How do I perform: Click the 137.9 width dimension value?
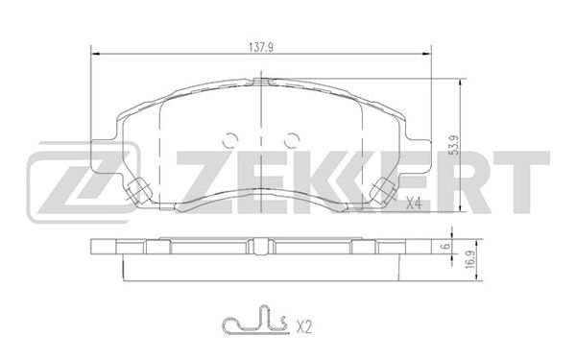[261, 47]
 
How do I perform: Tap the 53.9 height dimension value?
[455, 145]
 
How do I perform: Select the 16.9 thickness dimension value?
[469, 260]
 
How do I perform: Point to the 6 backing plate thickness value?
[446, 247]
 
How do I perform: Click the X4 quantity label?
[413, 204]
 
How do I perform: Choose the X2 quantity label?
[303, 326]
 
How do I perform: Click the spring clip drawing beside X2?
[254, 321]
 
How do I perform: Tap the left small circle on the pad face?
[230, 140]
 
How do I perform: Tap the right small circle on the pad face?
[293, 140]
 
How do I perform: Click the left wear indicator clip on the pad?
[137, 189]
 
